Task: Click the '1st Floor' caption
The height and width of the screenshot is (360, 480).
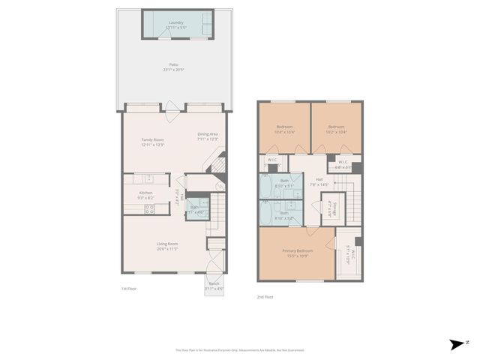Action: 129,289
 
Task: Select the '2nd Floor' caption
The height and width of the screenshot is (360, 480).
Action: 264,296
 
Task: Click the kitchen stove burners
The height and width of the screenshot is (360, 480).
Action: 149,209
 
